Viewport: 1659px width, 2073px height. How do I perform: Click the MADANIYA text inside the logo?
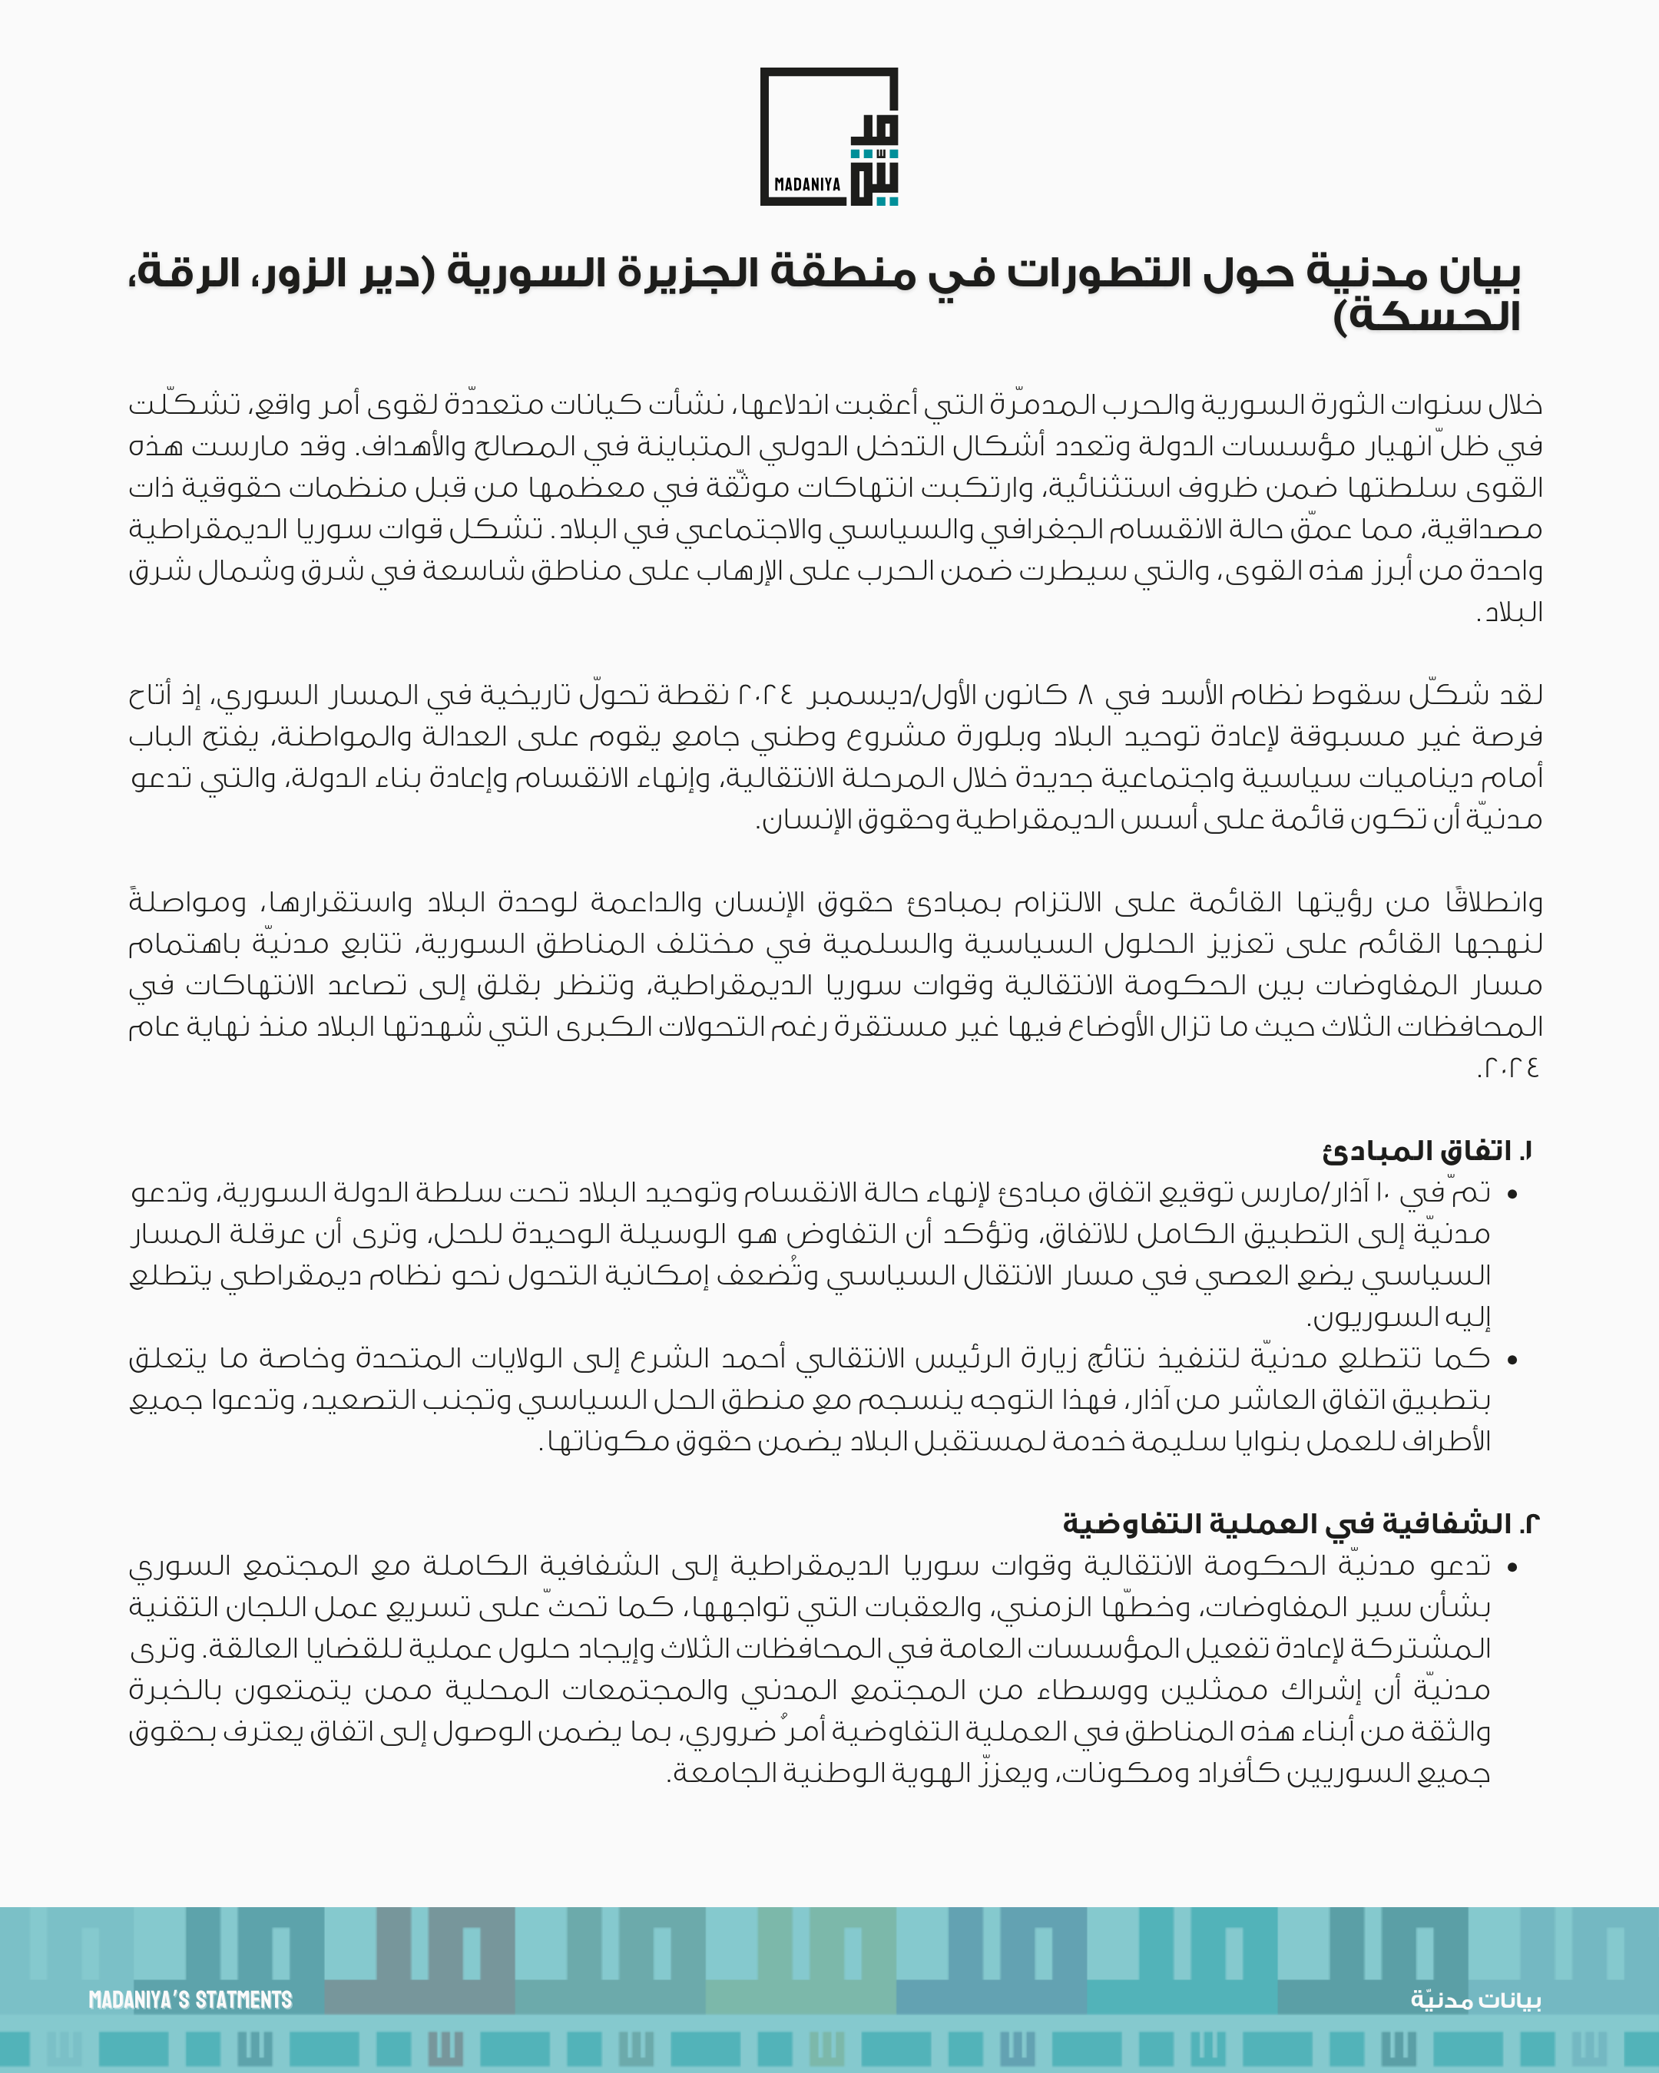point(807,183)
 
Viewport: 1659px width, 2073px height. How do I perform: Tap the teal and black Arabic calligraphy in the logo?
point(874,160)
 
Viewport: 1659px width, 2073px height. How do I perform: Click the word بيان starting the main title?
point(1480,274)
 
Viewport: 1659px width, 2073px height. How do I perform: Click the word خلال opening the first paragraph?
point(1515,405)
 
